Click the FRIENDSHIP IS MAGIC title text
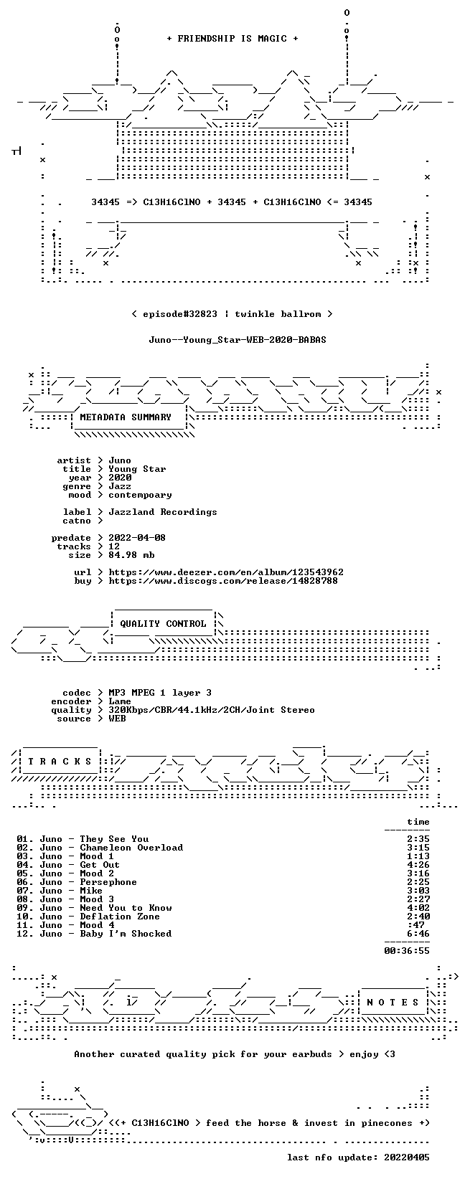pos(232,39)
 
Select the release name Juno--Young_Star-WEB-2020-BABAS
pos(238,340)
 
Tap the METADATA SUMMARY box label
pos(126,417)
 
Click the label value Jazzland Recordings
pos(163,512)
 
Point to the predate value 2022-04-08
pos(137,538)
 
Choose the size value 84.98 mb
pos(131,555)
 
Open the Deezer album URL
pos(226,572)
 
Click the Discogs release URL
pos(223,581)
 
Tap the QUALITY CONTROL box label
pos(163,624)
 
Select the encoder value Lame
pos(120,701)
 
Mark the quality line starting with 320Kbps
pos(212,710)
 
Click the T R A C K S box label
pos(60,762)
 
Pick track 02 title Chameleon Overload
pos(131,848)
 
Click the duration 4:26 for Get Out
pos(418,865)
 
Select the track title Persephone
pos(108,882)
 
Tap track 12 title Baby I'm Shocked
pos(126,934)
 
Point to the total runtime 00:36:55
pos(407,951)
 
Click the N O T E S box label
pos(393,1003)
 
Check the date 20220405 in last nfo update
pos(407,1157)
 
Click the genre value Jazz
pos(120,486)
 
